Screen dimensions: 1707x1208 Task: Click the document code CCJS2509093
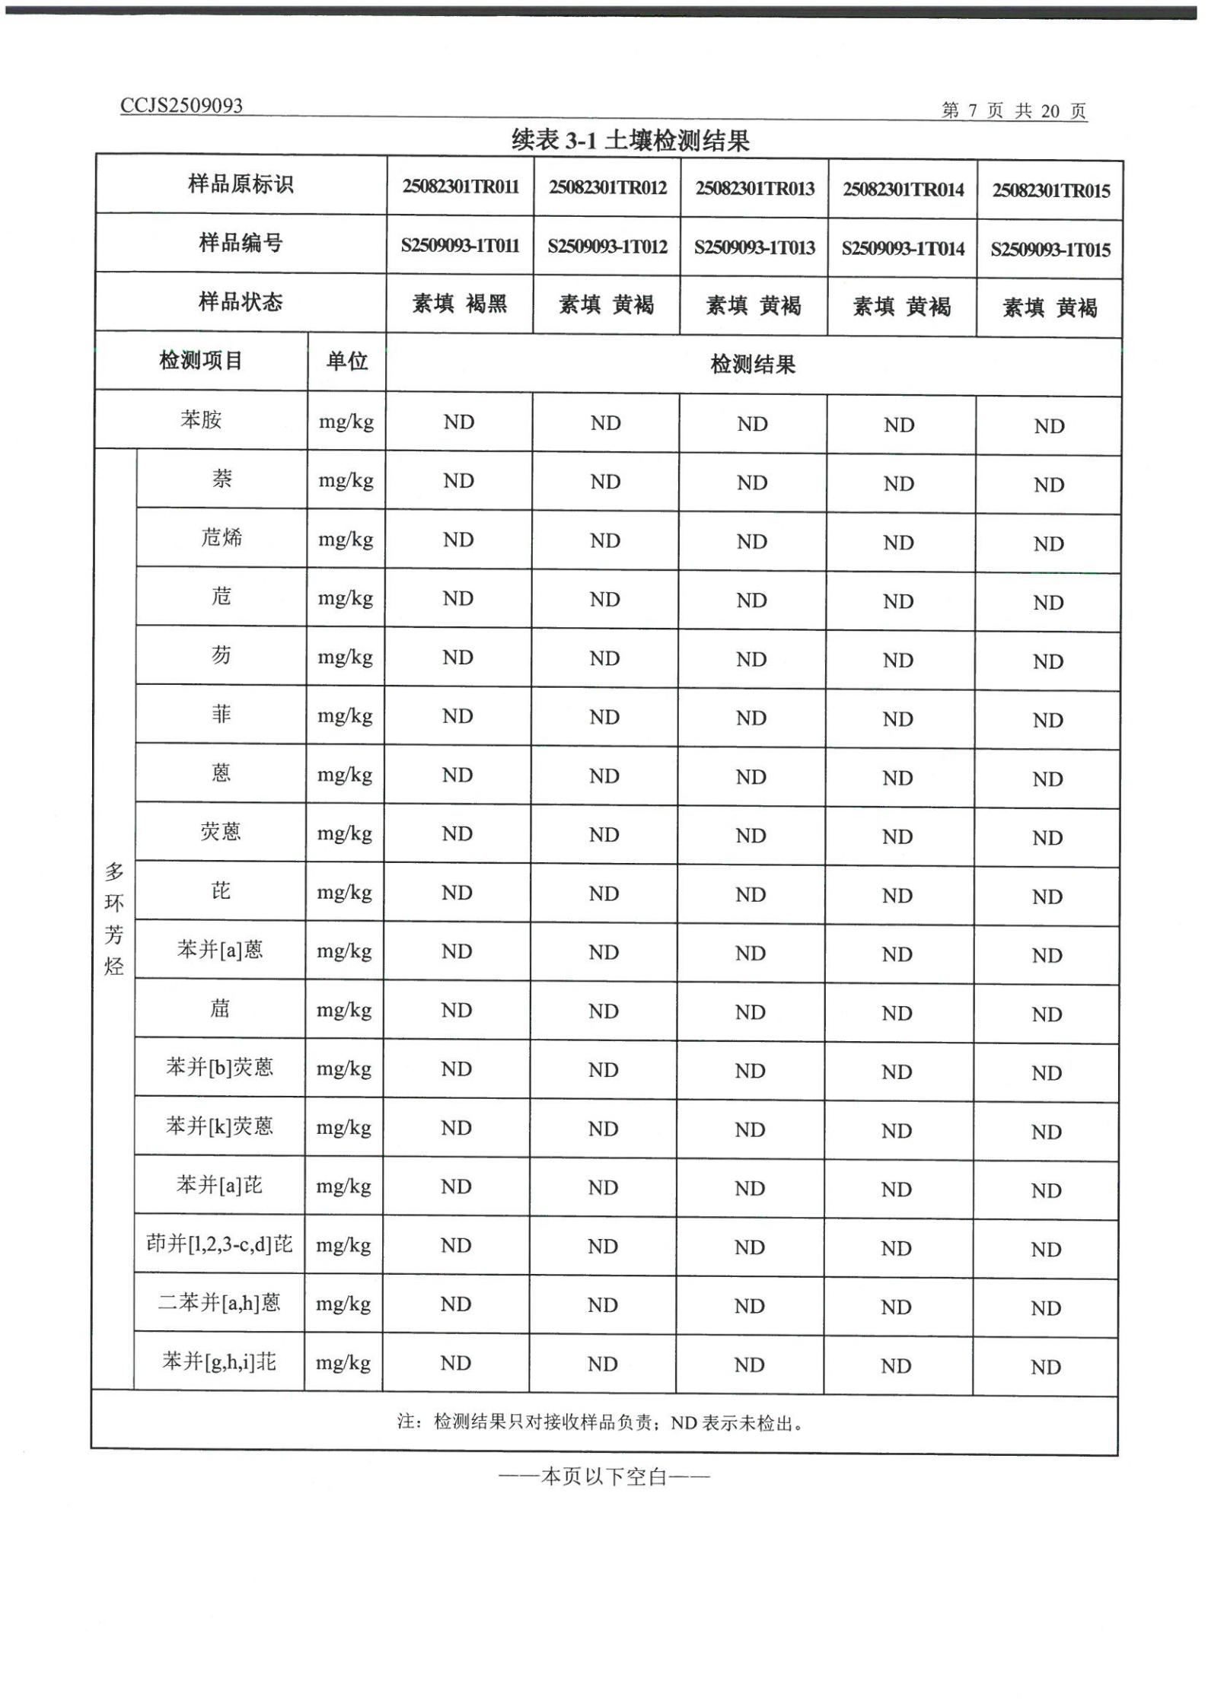click(x=181, y=105)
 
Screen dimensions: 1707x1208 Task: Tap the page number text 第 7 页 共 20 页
click(x=1013, y=111)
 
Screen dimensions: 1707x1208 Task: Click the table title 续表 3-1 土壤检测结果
click(x=630, y=140)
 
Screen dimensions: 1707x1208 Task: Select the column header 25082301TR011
click(x=461, y=187)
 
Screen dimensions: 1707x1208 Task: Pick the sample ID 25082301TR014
click(x=903, y=189)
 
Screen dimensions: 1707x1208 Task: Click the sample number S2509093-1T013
click(x=754, y=247)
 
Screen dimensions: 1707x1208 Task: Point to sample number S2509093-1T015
click(x=1050, y=250)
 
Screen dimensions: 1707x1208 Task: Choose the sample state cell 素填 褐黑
click(x=459, y=304)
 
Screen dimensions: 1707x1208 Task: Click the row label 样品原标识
click(x=241, y=184)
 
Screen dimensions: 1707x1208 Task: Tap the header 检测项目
click(x=201, y=360)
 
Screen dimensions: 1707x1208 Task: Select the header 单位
click(x=346, y=361)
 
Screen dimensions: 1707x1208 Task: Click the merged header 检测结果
click(x=753, y=365)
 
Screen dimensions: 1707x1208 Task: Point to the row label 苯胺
click(x=201, y=419)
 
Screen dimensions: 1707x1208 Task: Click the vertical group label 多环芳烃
click(x=114, y=919)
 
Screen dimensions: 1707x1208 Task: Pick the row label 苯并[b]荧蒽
click(x=219, y=1068)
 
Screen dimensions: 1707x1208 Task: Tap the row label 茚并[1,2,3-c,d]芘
click(x=219, y=1244)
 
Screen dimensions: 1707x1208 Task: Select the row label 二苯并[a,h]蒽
click(x=219, y=1303)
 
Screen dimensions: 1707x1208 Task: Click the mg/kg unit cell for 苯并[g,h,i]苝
click(x=343, y=1362)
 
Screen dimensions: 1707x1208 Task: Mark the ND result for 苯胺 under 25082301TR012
click(x=606, y=423)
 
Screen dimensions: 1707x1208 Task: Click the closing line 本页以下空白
click(x=604, y=1477)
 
